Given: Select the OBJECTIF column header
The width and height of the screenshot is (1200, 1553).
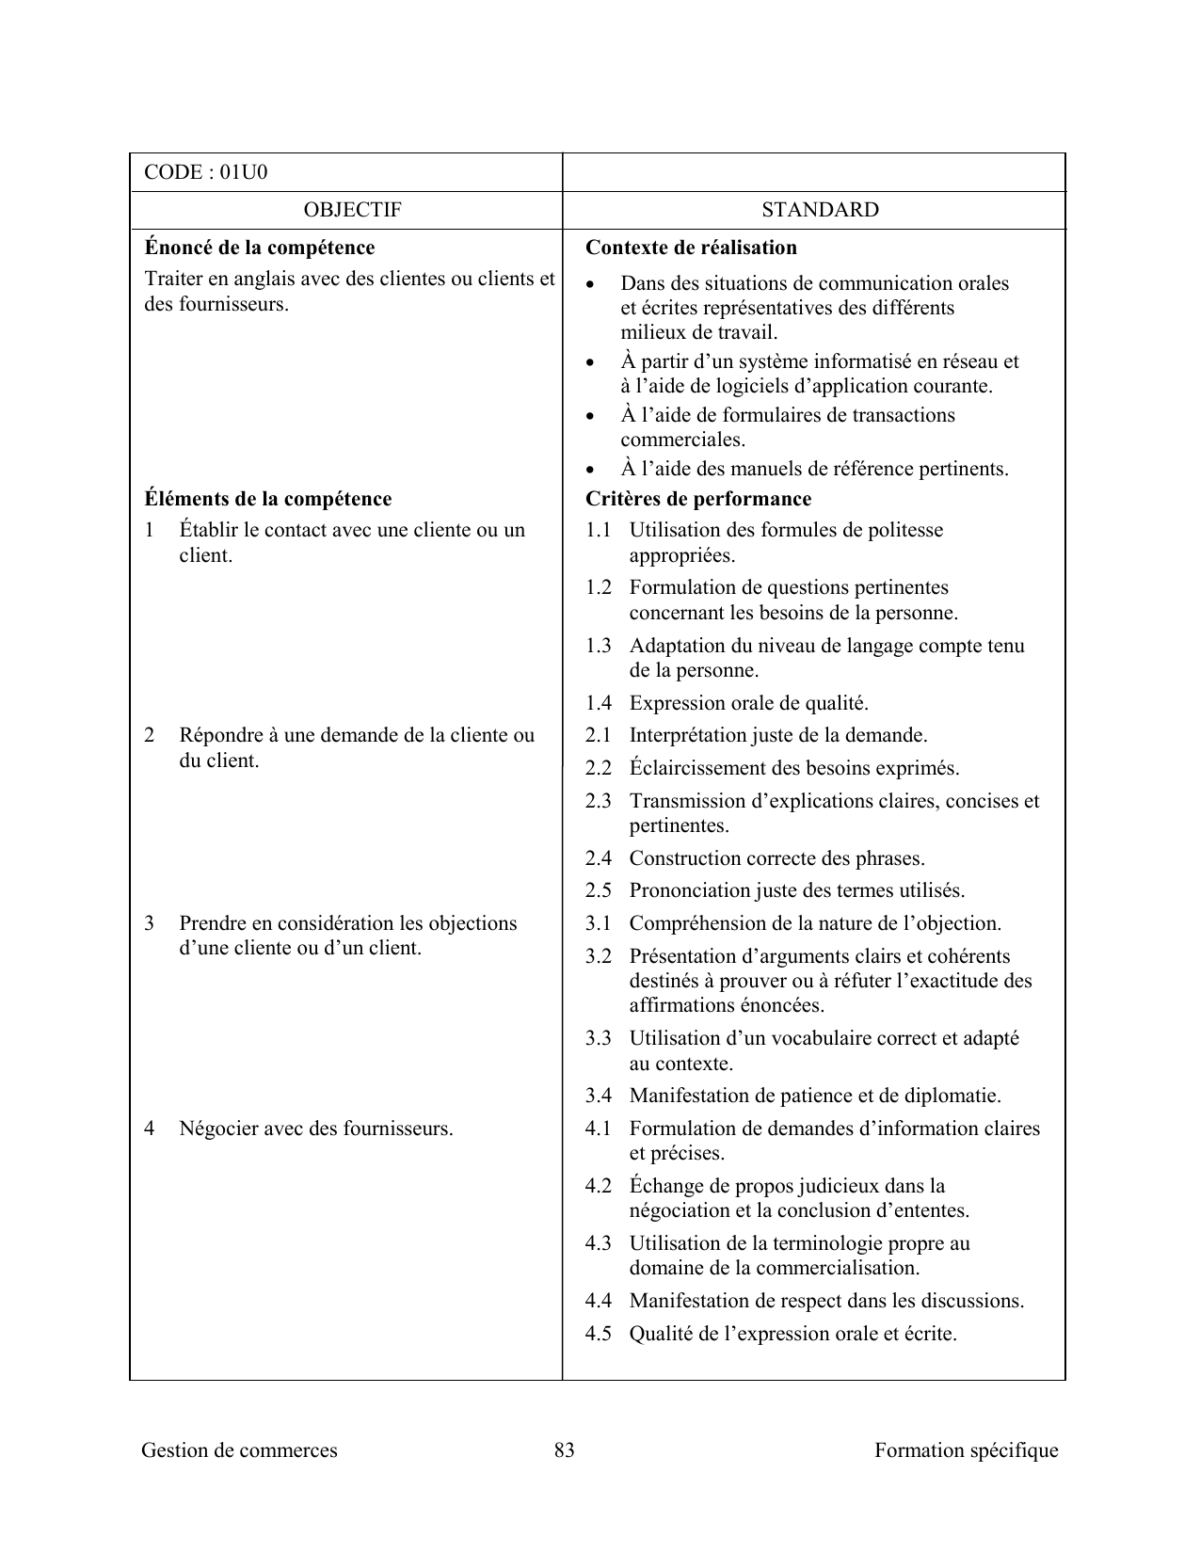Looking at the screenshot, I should tap(353, 210).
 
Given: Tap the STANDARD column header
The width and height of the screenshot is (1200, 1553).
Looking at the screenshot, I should tap(820, 210).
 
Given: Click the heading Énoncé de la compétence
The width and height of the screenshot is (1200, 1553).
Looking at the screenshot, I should tap(260, 248).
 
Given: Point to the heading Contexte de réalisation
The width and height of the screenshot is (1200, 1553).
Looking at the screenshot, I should tap(691, 248).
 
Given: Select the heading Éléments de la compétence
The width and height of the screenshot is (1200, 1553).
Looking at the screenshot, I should tap(268, 499).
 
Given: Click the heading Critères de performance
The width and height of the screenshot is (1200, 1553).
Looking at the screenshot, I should tap(697, 499).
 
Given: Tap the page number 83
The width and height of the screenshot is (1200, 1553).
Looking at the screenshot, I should tap(564, 1450).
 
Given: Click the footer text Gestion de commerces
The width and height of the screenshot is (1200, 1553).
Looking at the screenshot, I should tap(239, 1450).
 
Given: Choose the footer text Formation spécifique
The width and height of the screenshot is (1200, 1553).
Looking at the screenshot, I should tap(966, 1450).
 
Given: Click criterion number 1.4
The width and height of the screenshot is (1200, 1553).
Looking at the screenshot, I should tap(598, 703).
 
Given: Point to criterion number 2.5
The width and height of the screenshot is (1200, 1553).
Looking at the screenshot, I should tap(598, 890).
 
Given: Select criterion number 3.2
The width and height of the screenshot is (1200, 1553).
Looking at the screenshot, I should tap(598, 956).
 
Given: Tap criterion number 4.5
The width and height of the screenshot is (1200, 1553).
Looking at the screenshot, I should tap(598, 1334).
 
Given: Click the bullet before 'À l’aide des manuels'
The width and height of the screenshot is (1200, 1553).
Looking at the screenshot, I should tap(590, 470).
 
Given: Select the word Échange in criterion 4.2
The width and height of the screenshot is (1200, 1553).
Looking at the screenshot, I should tap(664, 1186).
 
